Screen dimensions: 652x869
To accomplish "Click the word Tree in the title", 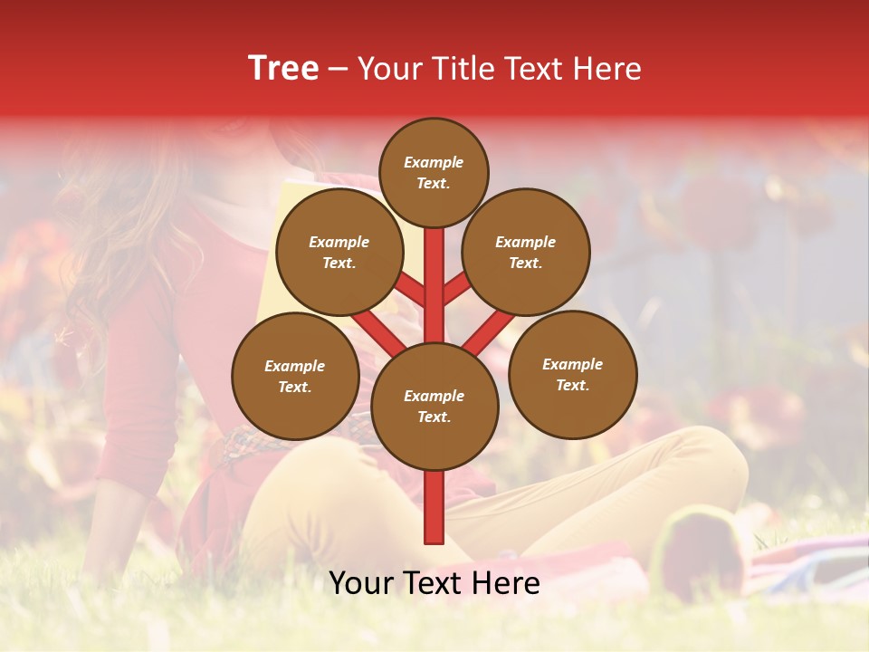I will pyautogui.click(x=283, y=68).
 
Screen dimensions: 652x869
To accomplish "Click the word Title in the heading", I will pyautogui.click(x=463, y=69).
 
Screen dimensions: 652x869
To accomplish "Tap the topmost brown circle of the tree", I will pyautogui.click(x=434, y=172).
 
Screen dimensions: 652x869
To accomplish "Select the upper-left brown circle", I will pyautogui.click(x=339, y=252).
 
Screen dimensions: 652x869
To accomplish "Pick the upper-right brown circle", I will pyautogui.click(x=526, y=252).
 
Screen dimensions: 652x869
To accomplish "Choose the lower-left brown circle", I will pyautogui.click(x=295, y=376).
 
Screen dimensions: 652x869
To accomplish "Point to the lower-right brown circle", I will pyautogui.click(x=572, y=374).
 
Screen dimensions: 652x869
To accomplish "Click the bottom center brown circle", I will pyautogui.click(x=434, y=406).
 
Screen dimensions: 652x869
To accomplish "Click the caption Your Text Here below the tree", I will pyautogui.click(x=434, y=583).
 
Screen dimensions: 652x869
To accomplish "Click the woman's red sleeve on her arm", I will pyautogui.click(x=136, y=380).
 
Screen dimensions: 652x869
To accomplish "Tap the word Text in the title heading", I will pyautogui.click(x=533, y=69).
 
